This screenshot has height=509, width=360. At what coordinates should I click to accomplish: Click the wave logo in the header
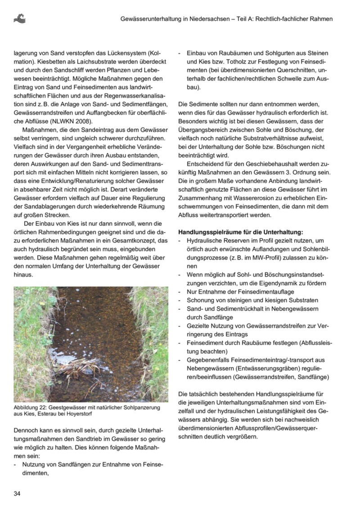[x=19, y=18]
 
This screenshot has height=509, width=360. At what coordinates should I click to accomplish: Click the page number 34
[x=17, y=493]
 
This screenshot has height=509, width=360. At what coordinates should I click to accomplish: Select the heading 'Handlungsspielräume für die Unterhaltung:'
[x=241, y=232]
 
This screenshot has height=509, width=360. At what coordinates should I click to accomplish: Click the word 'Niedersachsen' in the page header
[x=206, y=19]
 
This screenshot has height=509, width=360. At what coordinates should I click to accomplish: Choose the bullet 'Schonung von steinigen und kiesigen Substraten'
[x=252, y=300]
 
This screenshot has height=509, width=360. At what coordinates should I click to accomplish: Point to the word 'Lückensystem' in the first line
[x=129, y=53]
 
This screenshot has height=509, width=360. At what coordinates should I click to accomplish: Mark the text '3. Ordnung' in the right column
[x=314, y=172]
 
